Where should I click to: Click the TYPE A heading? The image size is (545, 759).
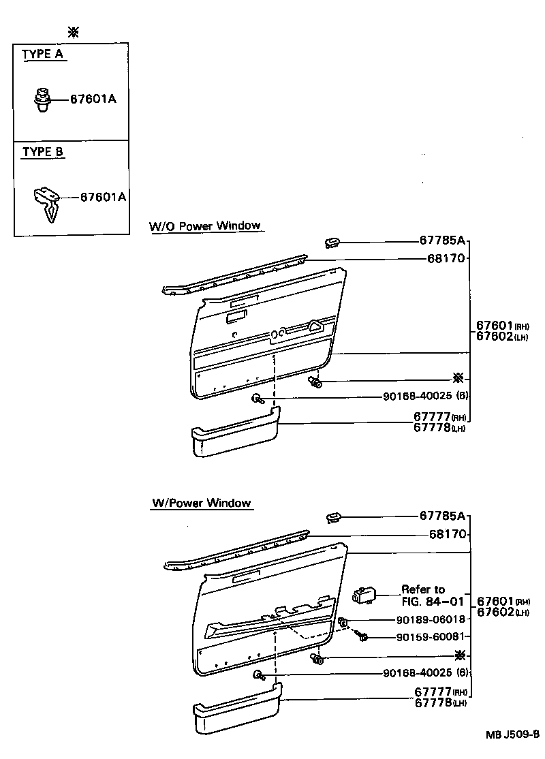pos(44,55)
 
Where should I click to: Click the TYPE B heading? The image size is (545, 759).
pos(43,152)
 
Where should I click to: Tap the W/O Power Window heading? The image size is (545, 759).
pos(205,226)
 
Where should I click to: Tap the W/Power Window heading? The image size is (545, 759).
pos(202,504)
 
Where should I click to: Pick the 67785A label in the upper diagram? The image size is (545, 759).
pos(441,241)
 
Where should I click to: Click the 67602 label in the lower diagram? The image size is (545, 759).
pos(495,612)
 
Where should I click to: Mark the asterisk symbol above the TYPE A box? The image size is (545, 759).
pos(73,31)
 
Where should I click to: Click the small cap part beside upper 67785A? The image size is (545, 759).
pos(333,242)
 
